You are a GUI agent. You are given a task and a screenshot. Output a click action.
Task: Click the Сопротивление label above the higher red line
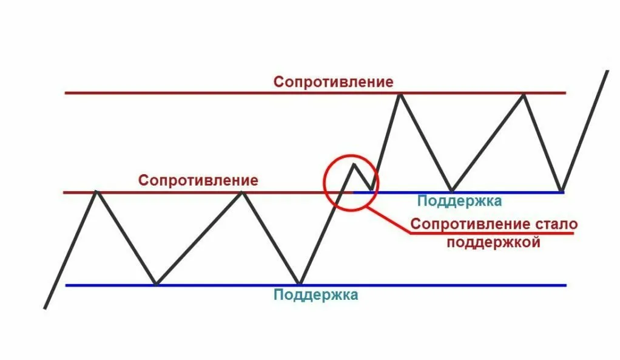click(x=333, y=81)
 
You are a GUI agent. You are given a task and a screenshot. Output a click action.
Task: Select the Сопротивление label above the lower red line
click(x=198, y=180)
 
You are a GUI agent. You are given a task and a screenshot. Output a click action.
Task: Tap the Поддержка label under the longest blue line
click(x=315, y=295)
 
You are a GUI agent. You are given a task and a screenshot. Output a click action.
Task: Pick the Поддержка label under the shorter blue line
click(x=460, y=201)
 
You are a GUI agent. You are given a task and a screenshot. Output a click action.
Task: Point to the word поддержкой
click(x=493, y=243)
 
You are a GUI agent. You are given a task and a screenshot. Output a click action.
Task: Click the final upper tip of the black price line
click(x=607, y=72)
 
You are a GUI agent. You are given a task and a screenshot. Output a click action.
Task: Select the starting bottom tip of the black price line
click(x=45, y=308)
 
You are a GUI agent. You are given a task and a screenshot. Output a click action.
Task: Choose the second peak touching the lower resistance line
click(x=242, y=192)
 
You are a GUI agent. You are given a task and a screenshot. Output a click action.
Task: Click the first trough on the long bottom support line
click(x=156, y=284)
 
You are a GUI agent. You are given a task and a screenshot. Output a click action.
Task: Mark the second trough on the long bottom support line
click(x=299, y=284)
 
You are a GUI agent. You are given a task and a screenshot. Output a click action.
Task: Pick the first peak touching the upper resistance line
click(x=399, y=93)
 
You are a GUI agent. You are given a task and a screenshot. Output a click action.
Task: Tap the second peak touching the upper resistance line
click(x=524, y=94)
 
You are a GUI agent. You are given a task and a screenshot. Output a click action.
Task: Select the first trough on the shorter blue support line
click(x=451, y=191)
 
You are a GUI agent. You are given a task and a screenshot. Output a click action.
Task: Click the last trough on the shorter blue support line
click(x=562, y=191)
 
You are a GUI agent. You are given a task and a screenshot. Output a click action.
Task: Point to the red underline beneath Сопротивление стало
click(x=491, y=233)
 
